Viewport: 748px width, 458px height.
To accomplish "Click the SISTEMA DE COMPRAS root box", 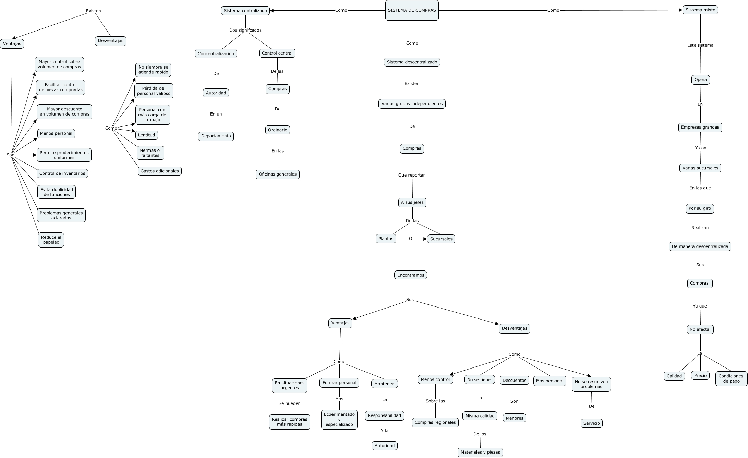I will point(412,10).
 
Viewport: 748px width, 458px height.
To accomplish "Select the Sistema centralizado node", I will point(245,11).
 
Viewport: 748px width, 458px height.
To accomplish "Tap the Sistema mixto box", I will point(700,10).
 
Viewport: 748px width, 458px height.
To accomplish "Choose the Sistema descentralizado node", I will point(412,62).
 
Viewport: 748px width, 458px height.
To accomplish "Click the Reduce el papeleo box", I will point(51,240).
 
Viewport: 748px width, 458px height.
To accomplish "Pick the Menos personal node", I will point(56,133).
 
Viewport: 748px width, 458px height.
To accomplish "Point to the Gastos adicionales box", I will point(159,171).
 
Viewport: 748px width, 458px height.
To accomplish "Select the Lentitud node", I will point(146,135).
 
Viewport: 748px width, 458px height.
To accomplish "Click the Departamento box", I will point(216,136).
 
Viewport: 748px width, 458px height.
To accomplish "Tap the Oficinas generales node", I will point(277,174).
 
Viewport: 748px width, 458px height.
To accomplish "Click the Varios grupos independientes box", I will point(412,104).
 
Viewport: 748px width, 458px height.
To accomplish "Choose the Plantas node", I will point(386,239).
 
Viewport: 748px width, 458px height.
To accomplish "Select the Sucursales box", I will point(441,239).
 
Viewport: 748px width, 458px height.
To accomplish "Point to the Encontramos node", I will point(410,275).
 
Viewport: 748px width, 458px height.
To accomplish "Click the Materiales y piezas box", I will point(480,452).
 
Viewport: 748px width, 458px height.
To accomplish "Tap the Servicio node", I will point(591,423).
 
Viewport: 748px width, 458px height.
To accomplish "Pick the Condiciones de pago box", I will point(731,378).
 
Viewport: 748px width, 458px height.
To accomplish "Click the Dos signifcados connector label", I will point(245,30).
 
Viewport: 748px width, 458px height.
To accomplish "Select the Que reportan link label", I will point(412,175).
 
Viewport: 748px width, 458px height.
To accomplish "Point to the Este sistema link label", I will point(700,45).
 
